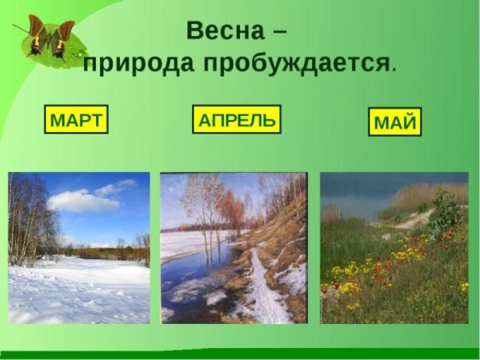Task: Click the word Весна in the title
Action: point(223,31)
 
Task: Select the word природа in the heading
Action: point(136,64)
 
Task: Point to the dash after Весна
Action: point(278,33)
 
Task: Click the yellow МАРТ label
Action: point(76,121)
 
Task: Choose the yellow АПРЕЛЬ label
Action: point(237,121)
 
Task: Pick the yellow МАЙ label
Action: point(396,124)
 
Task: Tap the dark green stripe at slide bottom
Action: point(240,353)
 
